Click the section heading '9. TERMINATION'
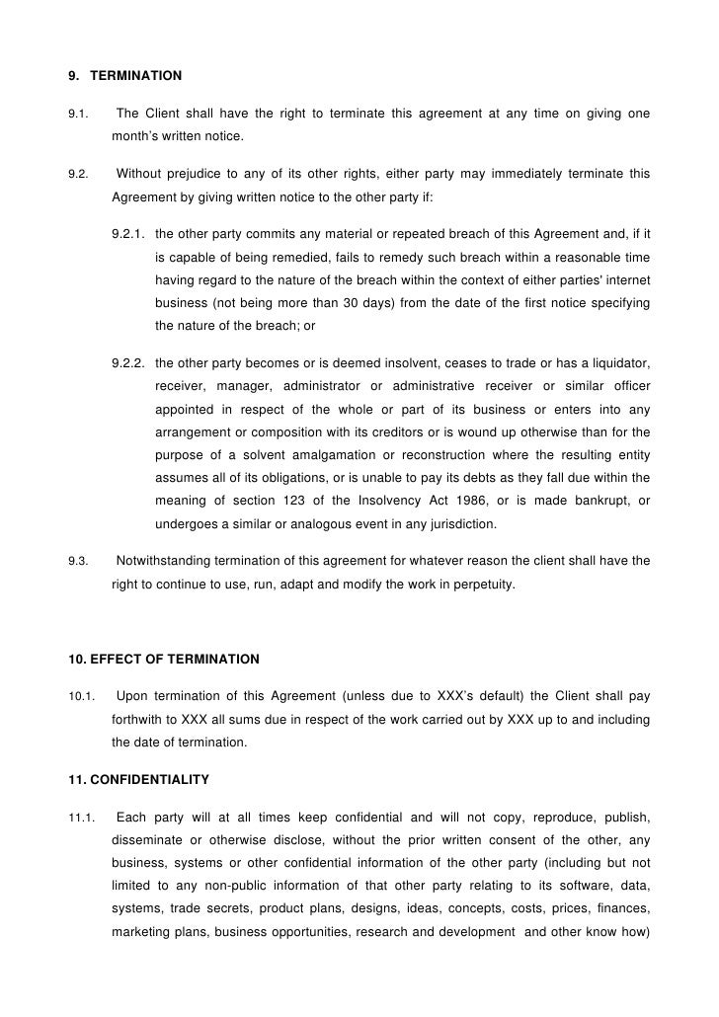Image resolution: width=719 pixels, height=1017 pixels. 124,75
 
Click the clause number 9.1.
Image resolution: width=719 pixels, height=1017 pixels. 78,115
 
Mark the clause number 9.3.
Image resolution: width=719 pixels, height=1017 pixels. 78,562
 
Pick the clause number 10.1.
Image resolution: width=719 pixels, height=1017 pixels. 81,698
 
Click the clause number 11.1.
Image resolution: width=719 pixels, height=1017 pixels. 81,819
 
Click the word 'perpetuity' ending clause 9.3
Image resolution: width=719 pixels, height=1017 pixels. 483,585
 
